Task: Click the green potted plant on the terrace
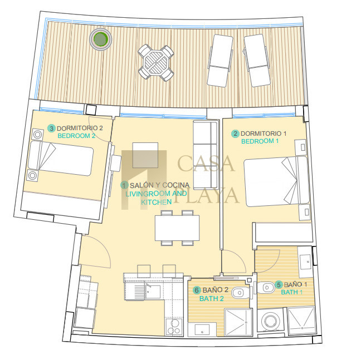(x=101, y=40)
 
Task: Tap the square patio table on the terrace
(x=156, y=62)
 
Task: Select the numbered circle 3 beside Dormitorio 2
(x=51, y=129)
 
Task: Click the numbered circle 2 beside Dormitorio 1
(x=235, y=134)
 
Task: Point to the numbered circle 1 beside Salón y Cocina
(x=124, y=185)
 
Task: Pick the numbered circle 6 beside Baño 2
(x=197, y=290)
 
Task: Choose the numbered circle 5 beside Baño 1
(x=279, y=285)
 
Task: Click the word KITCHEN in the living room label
(x=157, y=202)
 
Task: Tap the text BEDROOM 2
(x=76, y=136)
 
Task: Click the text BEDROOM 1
(x=260, y=141)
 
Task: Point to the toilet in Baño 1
(x=265, y=287)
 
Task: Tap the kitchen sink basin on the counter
(x=153, y=292)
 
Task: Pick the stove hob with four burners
(x=174, y=327)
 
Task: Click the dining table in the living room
(x=177, y=228)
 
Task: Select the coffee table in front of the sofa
(x=145, y=155)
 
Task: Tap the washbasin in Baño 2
(x=202, y=329)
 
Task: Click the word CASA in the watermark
(x=206, y=164)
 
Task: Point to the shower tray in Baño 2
(x=238, y=322)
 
